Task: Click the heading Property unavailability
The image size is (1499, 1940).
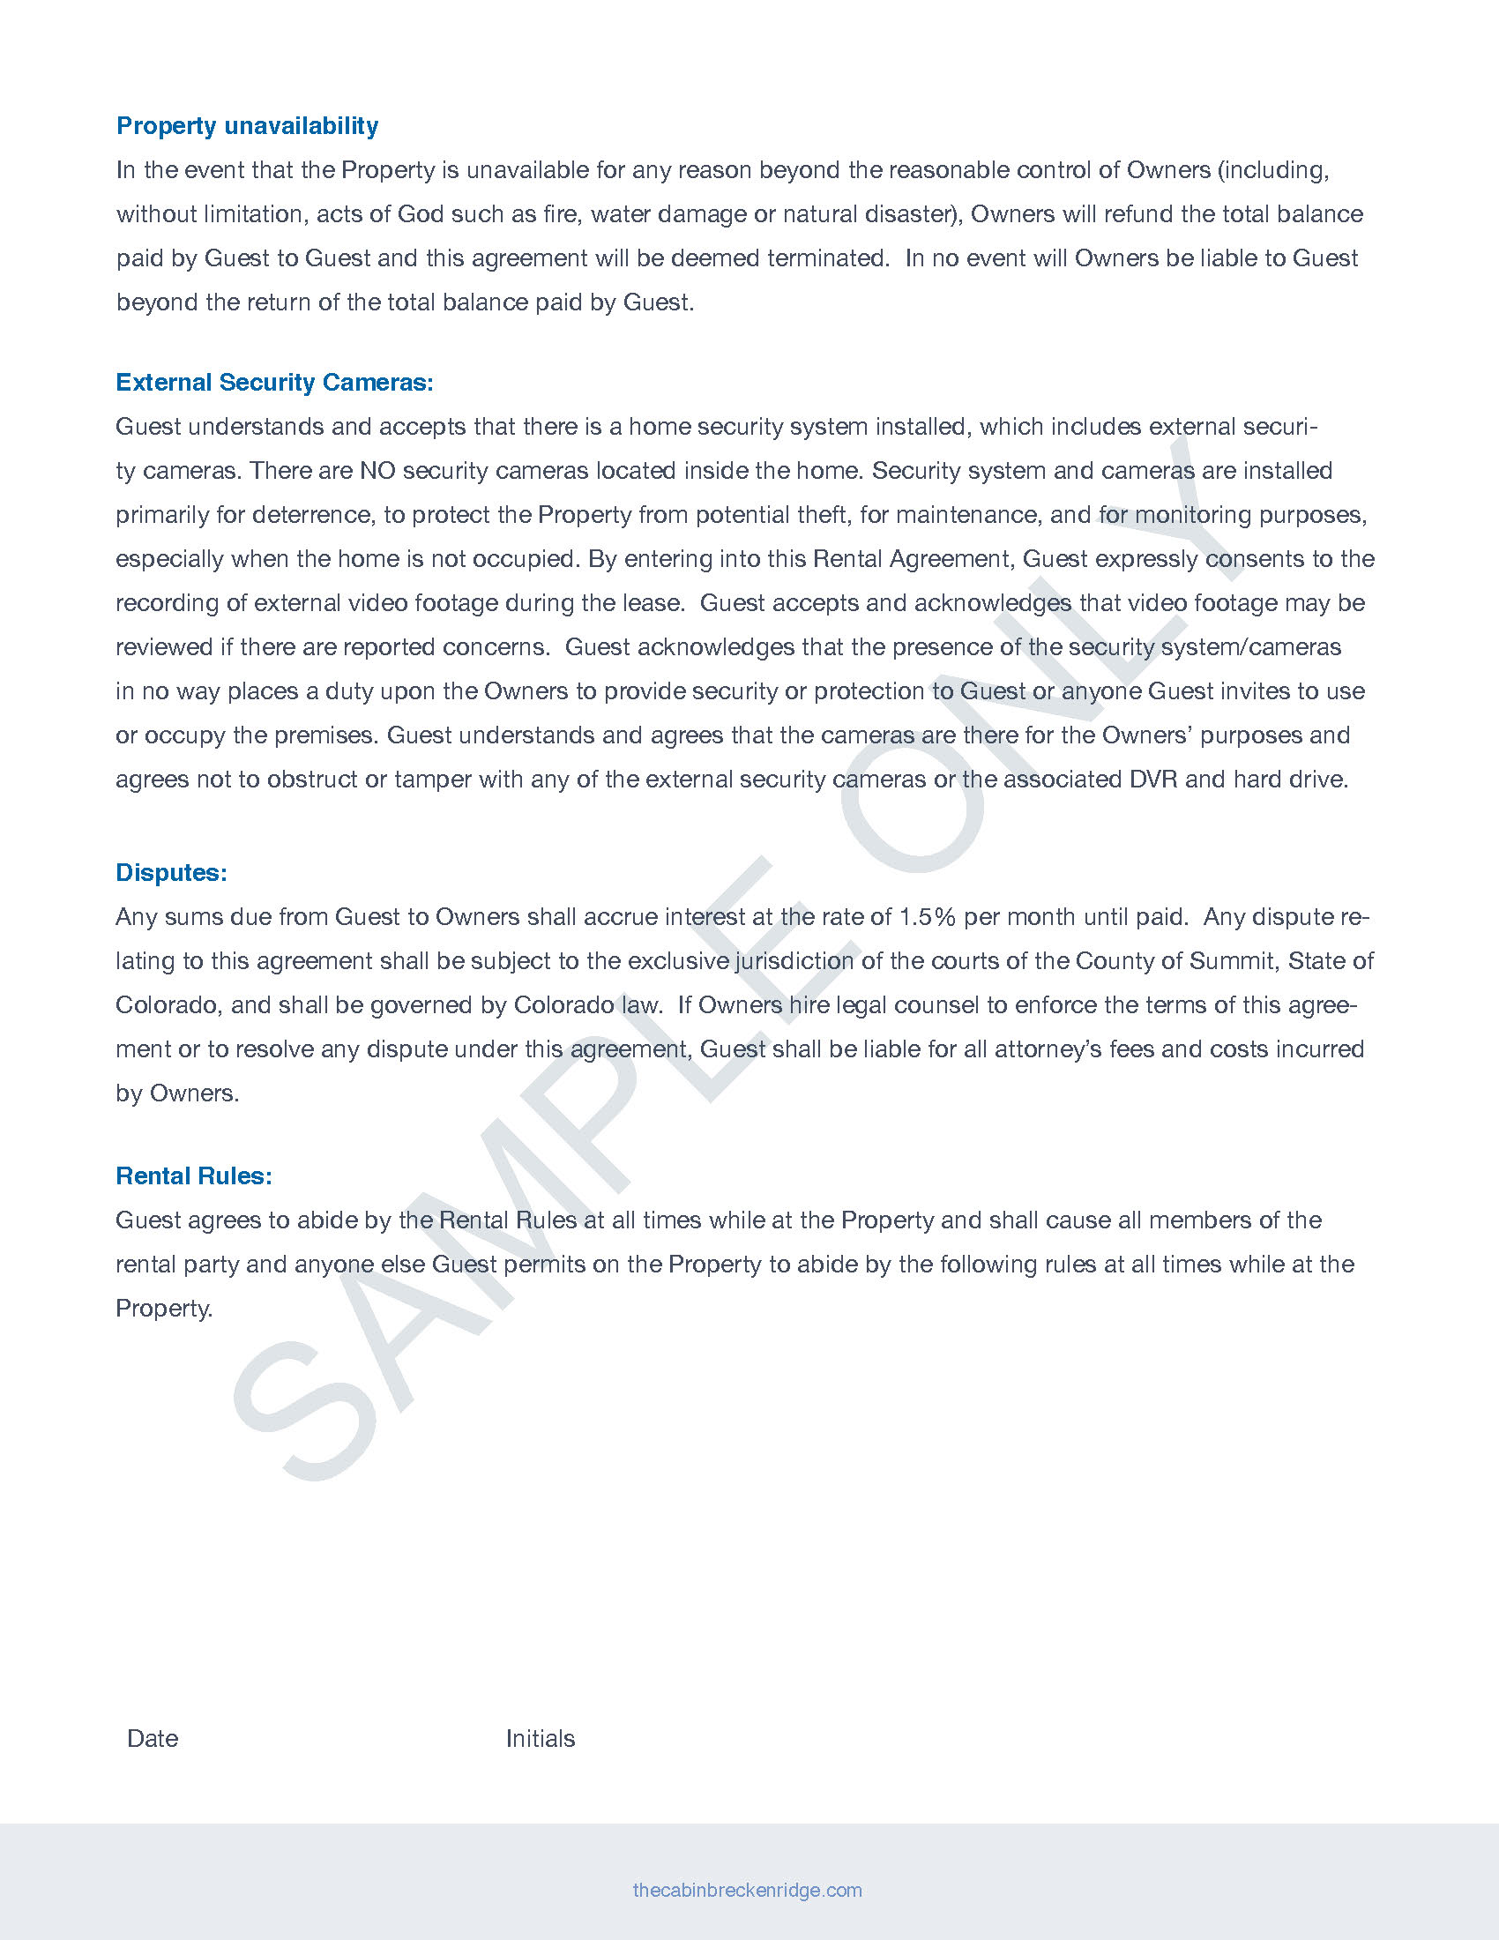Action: click(247, 126)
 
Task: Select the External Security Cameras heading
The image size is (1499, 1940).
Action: click(274, 383)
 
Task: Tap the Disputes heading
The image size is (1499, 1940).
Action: click(171, 873)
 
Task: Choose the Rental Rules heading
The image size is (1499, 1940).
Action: click(194, 1176)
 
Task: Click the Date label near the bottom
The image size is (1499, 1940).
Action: click(153, 1738)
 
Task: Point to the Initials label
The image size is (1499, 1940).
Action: click(540, 1738)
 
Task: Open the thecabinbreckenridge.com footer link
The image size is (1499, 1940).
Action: click(747, 1890)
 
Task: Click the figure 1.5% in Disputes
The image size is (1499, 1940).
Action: click(927, 917)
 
